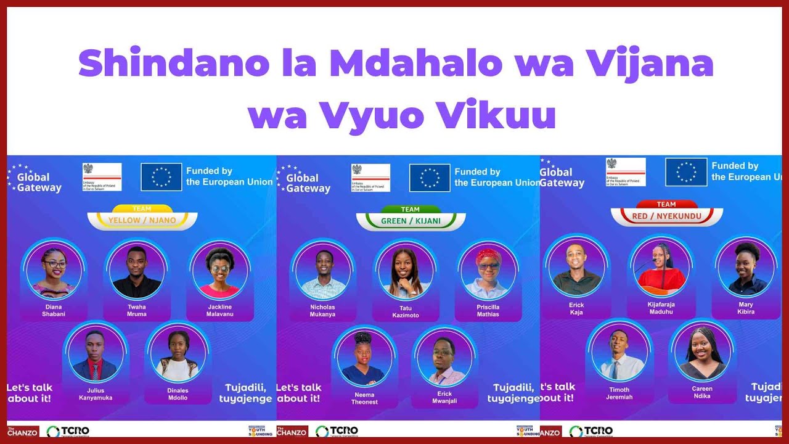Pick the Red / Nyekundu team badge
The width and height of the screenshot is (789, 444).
point(666,216)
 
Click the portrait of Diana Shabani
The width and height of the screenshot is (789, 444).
point(54,270)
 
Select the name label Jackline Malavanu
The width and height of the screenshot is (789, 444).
point(220,310)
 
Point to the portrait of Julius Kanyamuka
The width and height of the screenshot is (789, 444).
point(96,353)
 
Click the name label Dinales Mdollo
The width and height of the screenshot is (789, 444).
point(178,394)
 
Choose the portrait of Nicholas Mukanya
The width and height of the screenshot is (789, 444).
point(323,271)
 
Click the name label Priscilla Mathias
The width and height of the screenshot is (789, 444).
point(488,310)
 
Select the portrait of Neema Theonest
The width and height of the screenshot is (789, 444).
point(364,357)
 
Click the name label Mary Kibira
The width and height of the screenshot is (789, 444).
point(745,308)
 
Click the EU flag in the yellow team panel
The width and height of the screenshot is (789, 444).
point(161,177)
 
